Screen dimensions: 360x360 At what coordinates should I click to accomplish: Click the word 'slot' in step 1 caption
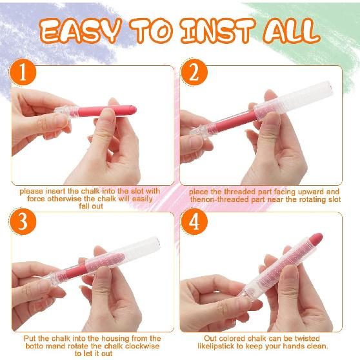(135, 192)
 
